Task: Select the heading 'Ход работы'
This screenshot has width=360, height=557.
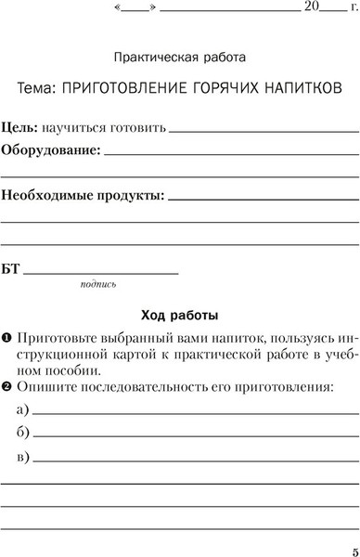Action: [179, 313]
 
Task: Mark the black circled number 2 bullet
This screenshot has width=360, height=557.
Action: [6, 385]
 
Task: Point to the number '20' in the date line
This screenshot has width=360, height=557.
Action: [312, 6]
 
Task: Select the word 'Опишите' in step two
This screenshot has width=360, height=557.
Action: [45, 385]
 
